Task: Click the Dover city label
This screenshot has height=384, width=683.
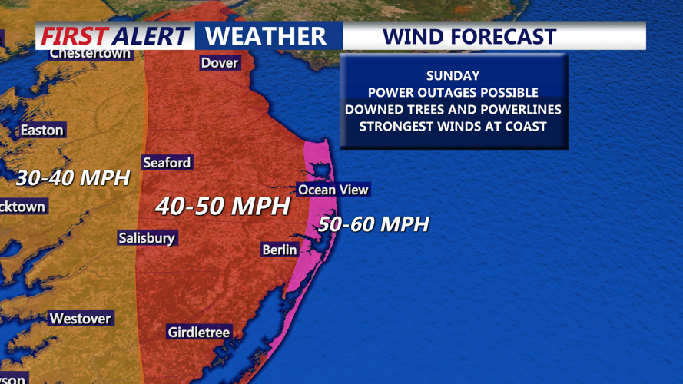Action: pos(220,63)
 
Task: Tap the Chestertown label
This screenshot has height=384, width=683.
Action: pos(90,54)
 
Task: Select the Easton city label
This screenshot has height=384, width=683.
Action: pos(41,131)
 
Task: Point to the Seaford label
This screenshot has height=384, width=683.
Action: pos(167,163)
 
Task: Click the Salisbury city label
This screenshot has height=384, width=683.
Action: pos(147,238)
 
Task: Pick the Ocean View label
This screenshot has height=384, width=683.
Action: pos(333,190)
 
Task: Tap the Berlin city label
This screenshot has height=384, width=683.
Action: pos(280,250)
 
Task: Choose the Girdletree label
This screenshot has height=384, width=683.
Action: pos(199,333)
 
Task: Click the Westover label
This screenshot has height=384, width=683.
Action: pos(80,319)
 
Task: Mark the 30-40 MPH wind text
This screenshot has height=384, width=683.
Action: pos(73,178)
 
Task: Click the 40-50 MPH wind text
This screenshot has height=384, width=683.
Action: pos(223,206)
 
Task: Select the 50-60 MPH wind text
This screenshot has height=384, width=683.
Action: pos(373,224)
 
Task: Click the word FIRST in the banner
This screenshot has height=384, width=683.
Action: pos(74,36)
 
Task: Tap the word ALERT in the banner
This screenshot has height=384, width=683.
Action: pos(151,36)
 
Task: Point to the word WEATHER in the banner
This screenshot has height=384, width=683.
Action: pos(266,36)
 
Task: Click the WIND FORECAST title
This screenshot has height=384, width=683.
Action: pos(469,36)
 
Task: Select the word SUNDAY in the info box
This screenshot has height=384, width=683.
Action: pos(453,76)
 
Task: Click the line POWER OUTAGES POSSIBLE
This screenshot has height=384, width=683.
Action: pos(453,93)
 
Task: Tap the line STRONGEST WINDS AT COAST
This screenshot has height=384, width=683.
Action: pos(453,127)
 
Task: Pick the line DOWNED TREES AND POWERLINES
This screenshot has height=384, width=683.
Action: pos(453,110)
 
